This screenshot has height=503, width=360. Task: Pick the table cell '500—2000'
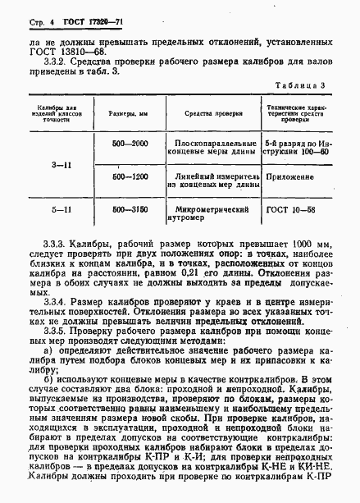(x=129, y=144)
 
